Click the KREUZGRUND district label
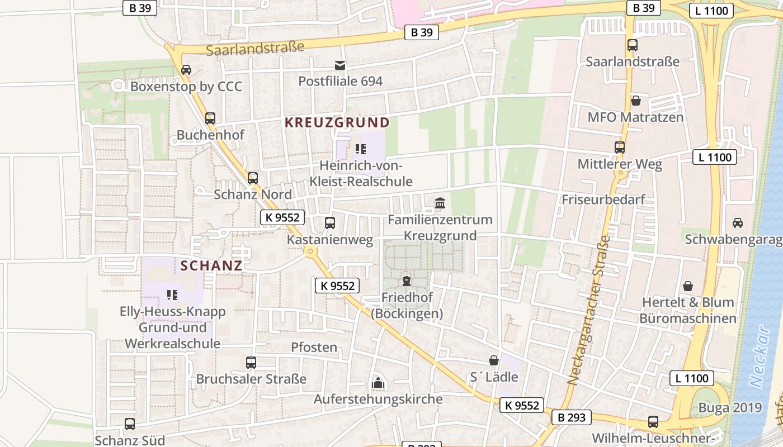tap(337, 122)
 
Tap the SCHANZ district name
tap(211, 265)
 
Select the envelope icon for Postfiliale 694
tap(340, 65)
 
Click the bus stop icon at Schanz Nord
tap(253, 178)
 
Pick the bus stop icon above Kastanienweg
tap(330, 223)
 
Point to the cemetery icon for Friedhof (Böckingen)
tap(406, 281)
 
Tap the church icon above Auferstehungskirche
tap(378, 383)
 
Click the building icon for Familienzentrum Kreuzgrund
tap(440, 203)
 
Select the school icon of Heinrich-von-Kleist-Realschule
tap(360, 149)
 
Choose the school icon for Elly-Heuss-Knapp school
tap(172, 294)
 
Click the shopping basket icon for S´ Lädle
tap(494, 360)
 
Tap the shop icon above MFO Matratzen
tap(635, 101)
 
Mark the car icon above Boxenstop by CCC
tap(186, 70)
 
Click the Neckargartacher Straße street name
tap(589, 310)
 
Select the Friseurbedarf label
tap(603, 199)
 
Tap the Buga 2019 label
tap(730, 407)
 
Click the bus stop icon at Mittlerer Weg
tap(620, 148)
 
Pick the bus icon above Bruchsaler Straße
tap(251, 363)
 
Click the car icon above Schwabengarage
tap(738, 223)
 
